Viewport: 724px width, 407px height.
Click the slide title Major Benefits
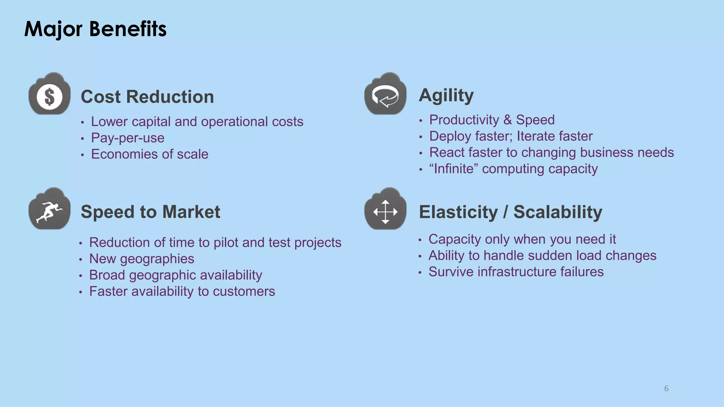pos(95,29)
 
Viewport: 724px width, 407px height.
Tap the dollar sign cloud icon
pos(49,95)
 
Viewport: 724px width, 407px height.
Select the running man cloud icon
pos(49,210)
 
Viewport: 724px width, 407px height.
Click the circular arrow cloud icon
pos(385,95)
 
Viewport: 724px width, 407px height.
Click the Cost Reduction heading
pos(147,97)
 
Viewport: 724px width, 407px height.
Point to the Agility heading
pos(446,95)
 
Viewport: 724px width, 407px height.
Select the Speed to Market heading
pos(150,212)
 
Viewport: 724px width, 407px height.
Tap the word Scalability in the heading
pos(557,212)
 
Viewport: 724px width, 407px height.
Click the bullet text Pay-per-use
pos(128,138)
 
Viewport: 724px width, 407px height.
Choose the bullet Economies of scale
pos(150,154)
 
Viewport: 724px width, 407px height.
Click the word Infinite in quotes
pos(454,169)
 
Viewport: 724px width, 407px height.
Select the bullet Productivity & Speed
pos(491,120)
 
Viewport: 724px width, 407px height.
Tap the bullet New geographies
pos(141,259)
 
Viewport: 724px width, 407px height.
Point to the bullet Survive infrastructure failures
pos(516,272)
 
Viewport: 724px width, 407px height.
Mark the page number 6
pos(666,389)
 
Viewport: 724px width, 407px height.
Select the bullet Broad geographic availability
pos(175,275)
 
